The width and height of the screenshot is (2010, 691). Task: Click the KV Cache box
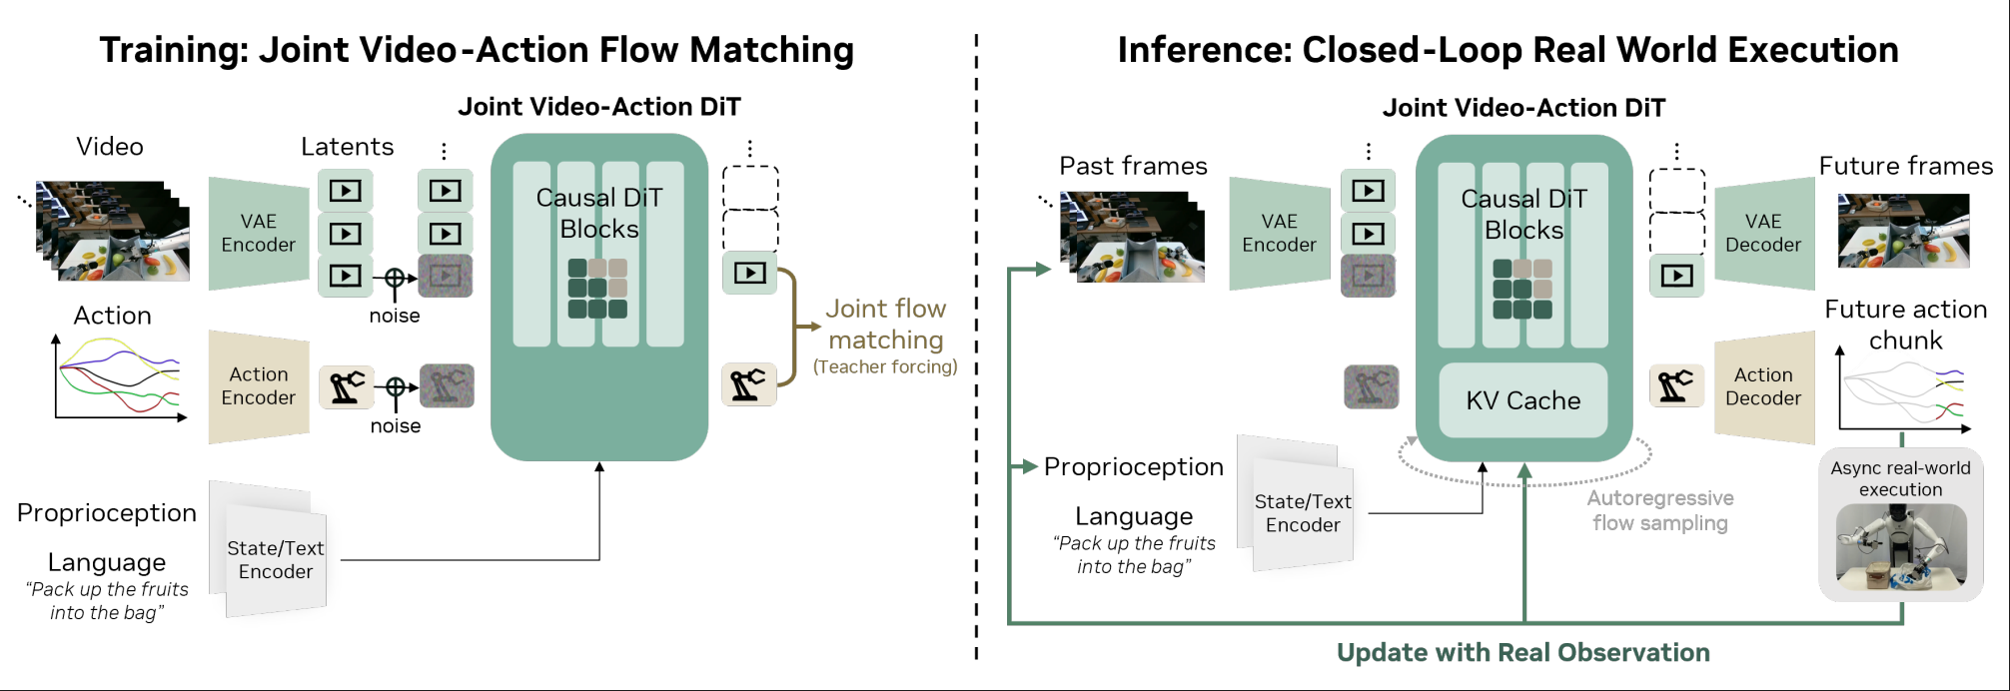click(1522, 400)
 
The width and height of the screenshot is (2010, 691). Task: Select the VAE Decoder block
click(1763, 234)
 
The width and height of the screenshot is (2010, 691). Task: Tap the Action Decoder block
click(1763, 387)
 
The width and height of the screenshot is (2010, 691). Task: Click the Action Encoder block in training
click(259, 386)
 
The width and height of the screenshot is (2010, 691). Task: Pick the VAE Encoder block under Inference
click(1279, 234)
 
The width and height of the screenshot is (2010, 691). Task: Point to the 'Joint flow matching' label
click(885, 324)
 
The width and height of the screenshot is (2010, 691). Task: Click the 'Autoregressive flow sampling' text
click(1659, 510)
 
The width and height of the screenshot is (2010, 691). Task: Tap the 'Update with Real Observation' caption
click(1522, 653)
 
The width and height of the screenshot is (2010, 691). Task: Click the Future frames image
click(1903, 231)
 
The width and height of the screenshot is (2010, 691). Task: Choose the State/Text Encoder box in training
click(275, 559)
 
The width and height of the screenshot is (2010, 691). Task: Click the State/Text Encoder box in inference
click(1302, 513)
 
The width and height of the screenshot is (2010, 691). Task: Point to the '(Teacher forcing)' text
click(885, 367)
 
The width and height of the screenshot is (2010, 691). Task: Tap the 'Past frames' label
click(1133, 166)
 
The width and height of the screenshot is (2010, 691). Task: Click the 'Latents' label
click(347, 147)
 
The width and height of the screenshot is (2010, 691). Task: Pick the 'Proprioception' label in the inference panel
click(1133, 466)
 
